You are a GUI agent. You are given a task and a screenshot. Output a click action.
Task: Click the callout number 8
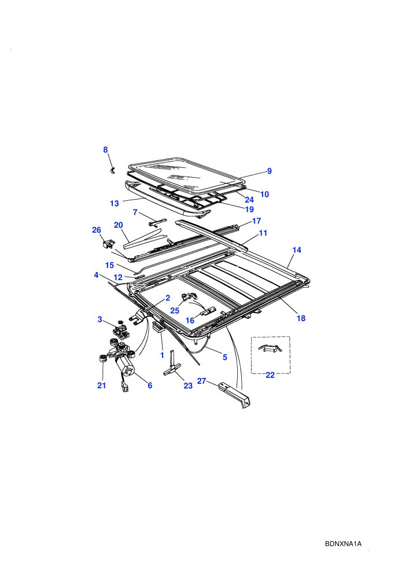(105, 150)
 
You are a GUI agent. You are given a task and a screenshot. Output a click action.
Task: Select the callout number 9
(270, 171)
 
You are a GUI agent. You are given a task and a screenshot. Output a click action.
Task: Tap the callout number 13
(115, 204)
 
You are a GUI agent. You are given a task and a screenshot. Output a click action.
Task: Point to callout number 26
(97, 230)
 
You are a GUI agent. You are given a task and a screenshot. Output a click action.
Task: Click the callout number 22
(270, 375)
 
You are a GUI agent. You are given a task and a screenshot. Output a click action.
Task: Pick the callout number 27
(201, 381)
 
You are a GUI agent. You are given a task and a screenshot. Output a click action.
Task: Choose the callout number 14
(297, 250)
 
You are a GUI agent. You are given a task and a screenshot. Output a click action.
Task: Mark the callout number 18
(301, 318)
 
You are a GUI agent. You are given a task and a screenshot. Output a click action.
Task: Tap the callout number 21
(101, 385)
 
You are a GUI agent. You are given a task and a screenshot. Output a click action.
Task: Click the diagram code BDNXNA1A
(343, 543)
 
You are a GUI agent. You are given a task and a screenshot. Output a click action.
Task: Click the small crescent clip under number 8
(113, 171)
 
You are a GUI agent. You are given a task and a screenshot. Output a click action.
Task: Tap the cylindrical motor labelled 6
(124, 366)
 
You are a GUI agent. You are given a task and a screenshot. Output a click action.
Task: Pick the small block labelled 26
(108, 243)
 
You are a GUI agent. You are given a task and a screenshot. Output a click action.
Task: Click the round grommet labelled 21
(102, 358)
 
